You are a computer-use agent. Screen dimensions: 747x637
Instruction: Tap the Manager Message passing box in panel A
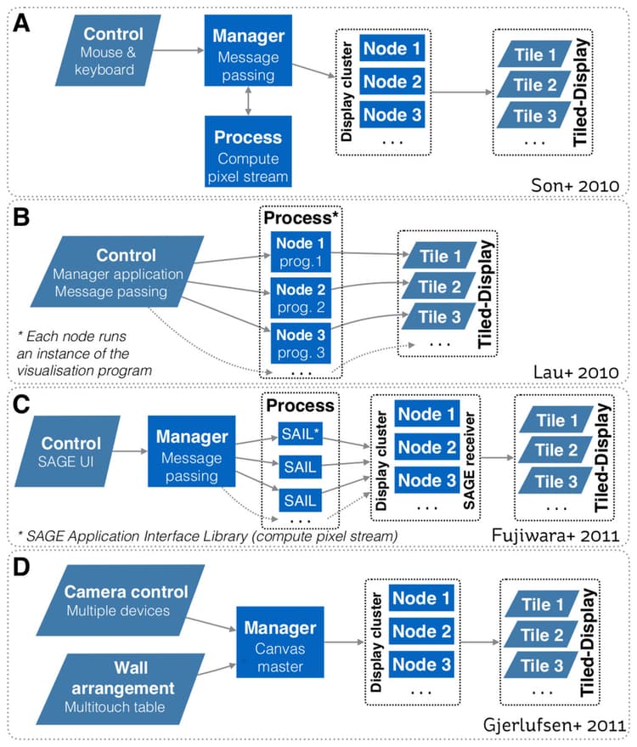248,53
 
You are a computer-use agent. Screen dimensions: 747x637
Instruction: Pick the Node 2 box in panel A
392,82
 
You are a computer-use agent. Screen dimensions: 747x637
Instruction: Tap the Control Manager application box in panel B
118,270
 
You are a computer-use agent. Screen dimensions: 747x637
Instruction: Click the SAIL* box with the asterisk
303,436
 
